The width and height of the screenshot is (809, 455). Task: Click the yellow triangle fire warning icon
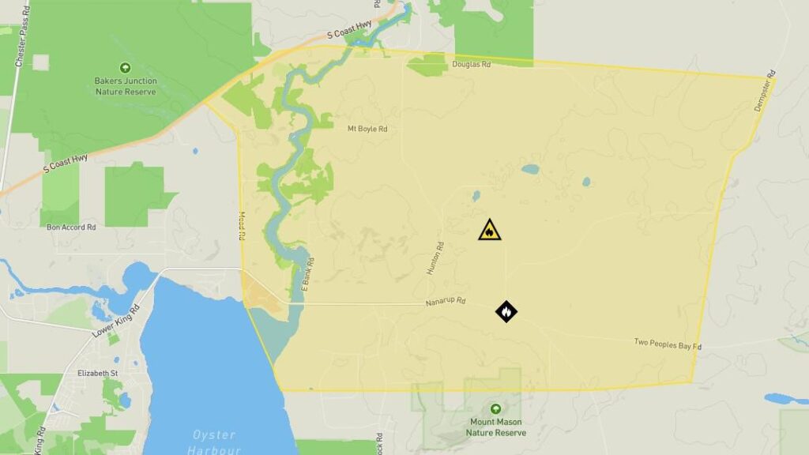click(x=490, y=230)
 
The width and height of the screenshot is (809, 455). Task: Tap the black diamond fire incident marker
click(x=506, y=311)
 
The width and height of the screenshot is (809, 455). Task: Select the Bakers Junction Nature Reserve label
click(x=126, y=86)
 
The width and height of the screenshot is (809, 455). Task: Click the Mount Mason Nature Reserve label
click(x=495, y=427)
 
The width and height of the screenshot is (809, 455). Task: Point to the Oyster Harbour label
click(x=213, y=442)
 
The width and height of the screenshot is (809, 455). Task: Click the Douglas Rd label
click(x=472, y=64)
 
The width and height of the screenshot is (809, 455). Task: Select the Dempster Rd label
click(x=763, y=95)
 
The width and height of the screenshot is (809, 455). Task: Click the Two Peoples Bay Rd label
click(x=668, y=344)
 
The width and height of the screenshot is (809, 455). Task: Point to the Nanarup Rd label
click(x=446, y=302)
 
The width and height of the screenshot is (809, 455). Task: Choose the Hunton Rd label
click(x=435, y=258)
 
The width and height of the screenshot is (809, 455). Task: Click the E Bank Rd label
click(x=307, y=273)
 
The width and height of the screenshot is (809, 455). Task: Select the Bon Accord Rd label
click(x=71, y=227)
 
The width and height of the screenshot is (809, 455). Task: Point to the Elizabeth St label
click(x=97, y=373)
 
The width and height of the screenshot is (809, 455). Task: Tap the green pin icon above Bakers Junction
click(x=125, y=68)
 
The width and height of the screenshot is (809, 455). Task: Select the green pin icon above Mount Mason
click(x=495, y=409)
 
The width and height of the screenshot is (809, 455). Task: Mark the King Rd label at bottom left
click(x=39, y=441)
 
